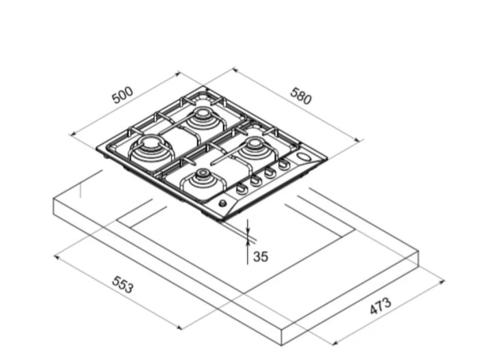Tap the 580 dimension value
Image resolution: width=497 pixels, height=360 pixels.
pos(301,96)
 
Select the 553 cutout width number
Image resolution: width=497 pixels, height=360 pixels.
pos(123,285)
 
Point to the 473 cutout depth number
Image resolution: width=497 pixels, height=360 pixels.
pos(381,306)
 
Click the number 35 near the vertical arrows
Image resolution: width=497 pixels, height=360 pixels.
pos(260,256)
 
